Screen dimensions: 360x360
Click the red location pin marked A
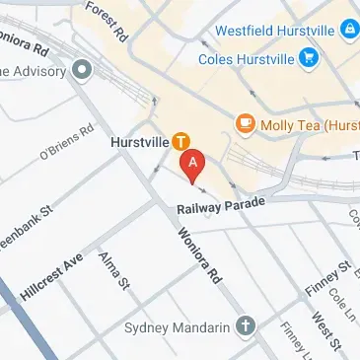193,161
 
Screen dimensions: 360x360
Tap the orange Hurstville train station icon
180,141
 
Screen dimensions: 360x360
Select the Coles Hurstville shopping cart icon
311,57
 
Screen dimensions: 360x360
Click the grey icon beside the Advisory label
80,69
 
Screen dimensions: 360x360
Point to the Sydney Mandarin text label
180,326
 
